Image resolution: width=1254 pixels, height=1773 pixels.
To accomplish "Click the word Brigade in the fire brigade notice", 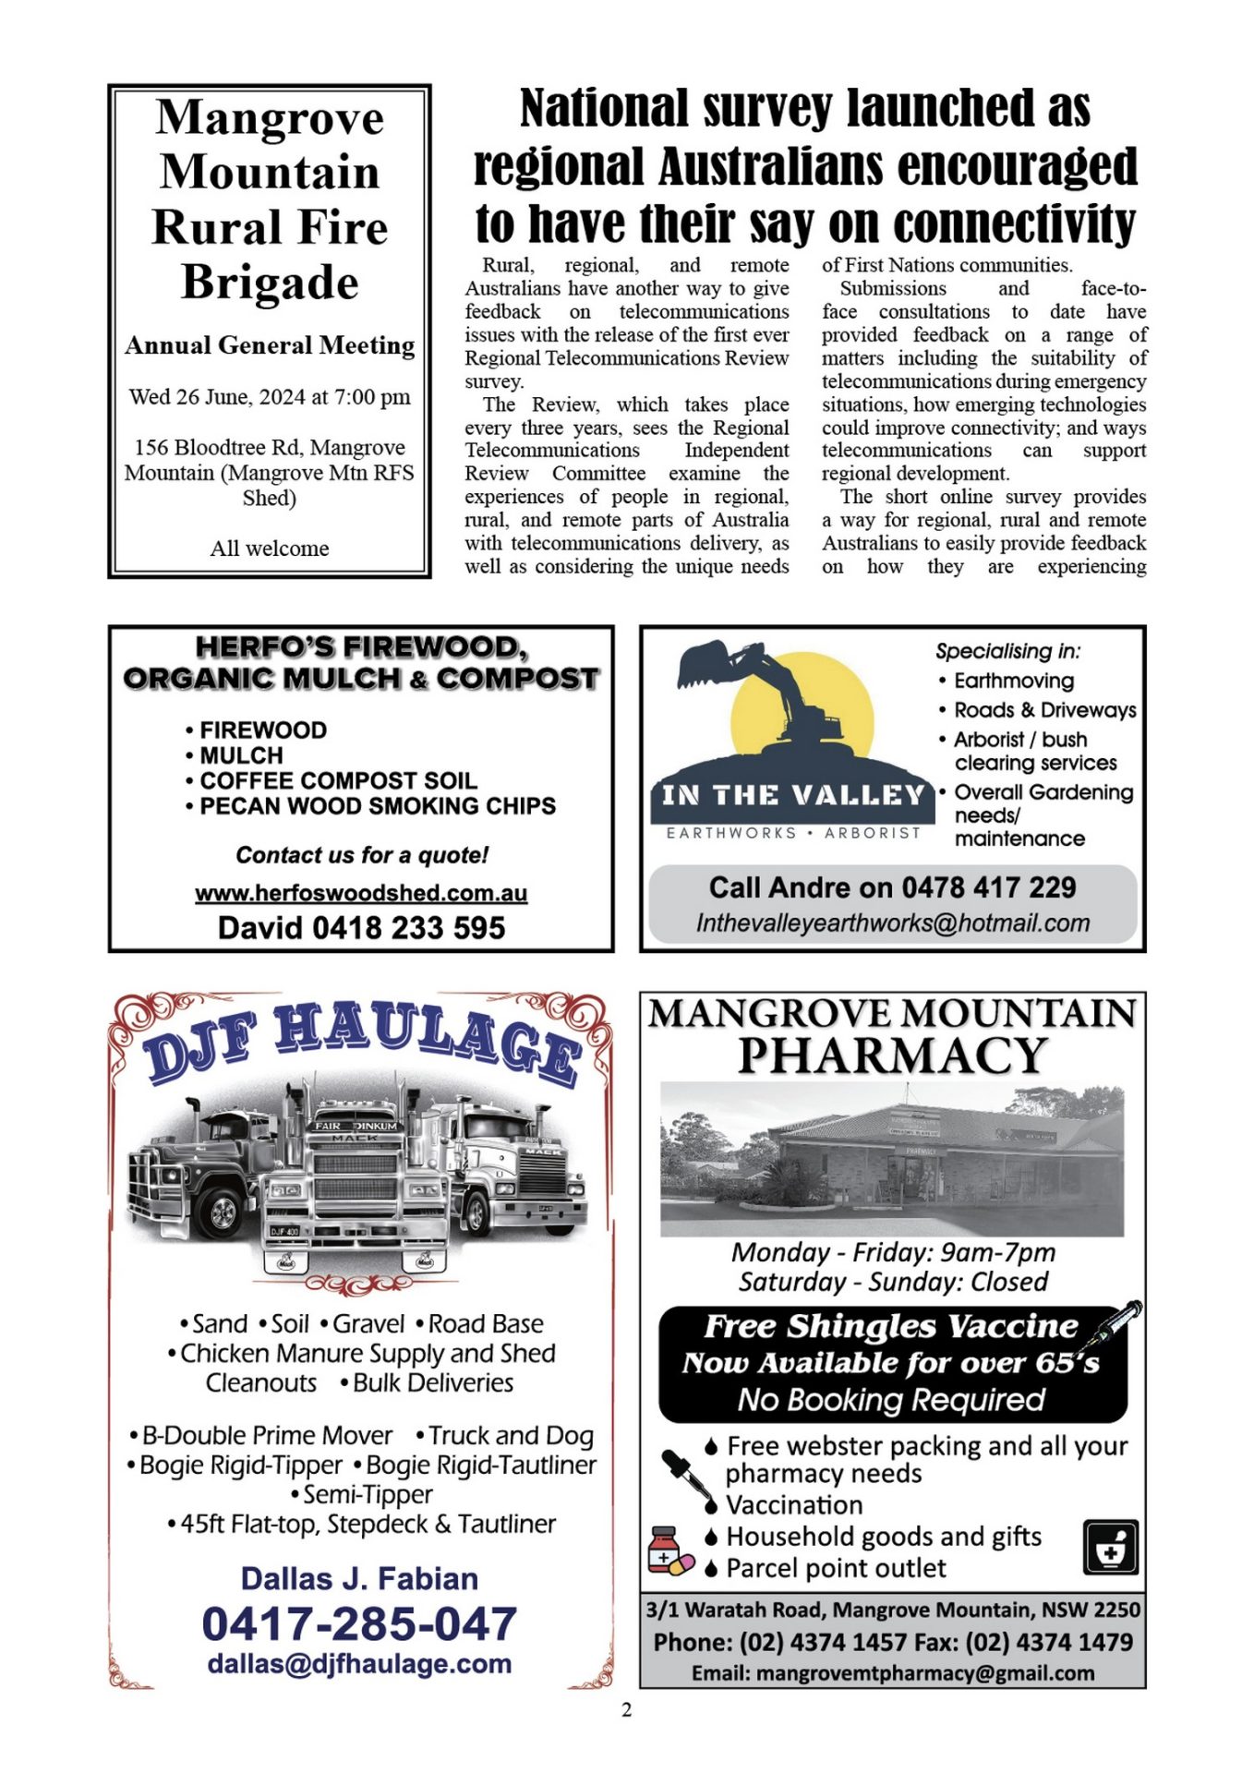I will pyautogui.click(x=270, y=283).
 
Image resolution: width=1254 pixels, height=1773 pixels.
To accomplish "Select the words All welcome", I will pyautogui.click(x=269, y=549).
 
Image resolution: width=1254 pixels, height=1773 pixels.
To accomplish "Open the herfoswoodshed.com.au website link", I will pyautogui.click(x=361, y=893).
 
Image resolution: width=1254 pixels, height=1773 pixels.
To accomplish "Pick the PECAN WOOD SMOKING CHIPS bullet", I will pyautogui.click(x=377, y=806).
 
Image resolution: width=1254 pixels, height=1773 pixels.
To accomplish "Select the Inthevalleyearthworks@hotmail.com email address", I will pyautogui.click(x=893, y=923).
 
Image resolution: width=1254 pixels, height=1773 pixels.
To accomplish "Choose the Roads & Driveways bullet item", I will pyautogui.click(x=1044, y=710).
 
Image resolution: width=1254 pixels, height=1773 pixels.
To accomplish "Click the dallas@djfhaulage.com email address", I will pyautogui.click(x=359, y=1664).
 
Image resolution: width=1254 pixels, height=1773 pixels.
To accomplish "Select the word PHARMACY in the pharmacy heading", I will pyautogui.click(x=892, y=1055).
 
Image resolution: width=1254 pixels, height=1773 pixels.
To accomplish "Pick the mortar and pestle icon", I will pyautogui.click(x=1110, y=1547).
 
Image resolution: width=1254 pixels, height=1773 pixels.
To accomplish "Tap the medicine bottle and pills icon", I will pyautogui.click(x=669, y=1551).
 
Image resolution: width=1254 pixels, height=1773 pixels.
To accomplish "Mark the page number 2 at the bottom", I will pyautogui.click(x=627, y=1710).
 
